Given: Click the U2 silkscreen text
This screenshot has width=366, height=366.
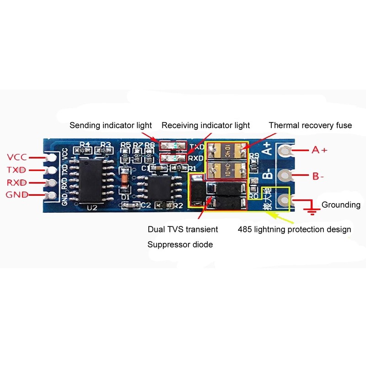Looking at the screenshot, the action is point(92,207).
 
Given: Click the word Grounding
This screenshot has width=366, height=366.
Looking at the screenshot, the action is point(341,205).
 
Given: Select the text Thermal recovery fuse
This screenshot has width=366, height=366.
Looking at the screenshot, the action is point(310,125).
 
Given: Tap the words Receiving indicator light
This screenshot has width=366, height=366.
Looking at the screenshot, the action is point(206,125).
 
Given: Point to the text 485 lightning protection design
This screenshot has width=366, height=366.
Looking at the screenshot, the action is point(294,229).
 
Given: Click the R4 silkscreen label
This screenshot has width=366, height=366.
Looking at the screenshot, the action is point(84,144).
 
